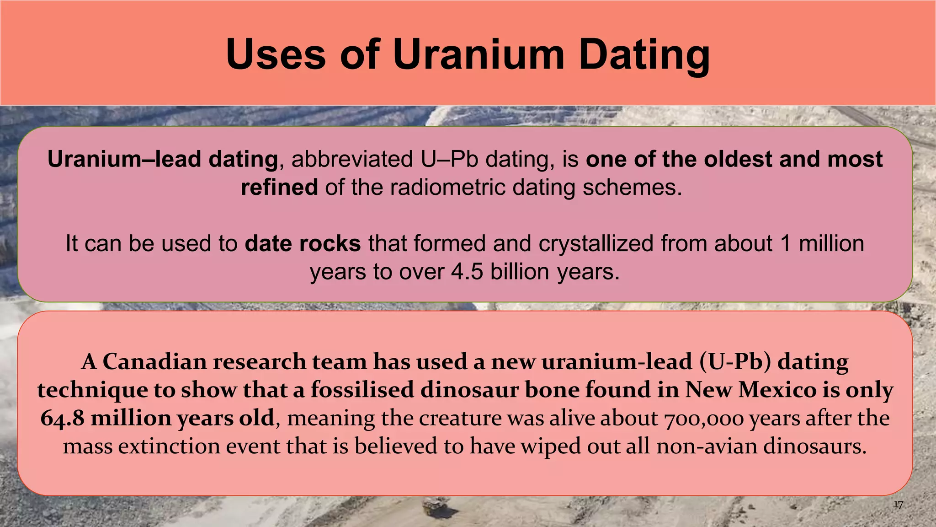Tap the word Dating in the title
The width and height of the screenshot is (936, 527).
coord(644,55)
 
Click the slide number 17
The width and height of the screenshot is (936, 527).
coord(898,505)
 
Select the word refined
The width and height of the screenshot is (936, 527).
coord(279,187)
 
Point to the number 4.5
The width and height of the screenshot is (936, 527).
coord(467,272)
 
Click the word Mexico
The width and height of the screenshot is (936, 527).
coord(777,390)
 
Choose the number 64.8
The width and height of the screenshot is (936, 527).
coord(63,418)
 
